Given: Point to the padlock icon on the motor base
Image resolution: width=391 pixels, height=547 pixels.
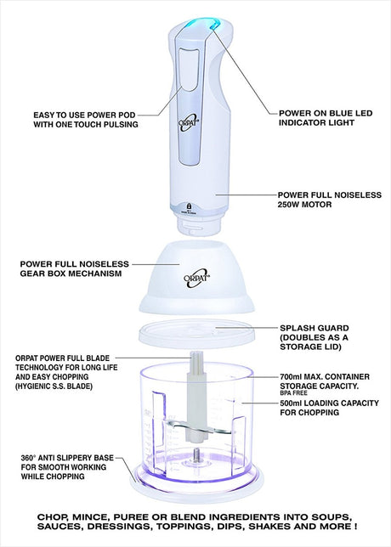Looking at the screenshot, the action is [x=189, y=206].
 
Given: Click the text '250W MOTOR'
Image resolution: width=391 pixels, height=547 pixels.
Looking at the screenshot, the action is [x=304, y=205].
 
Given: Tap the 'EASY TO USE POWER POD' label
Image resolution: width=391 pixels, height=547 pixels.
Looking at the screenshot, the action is [x=84, y=115].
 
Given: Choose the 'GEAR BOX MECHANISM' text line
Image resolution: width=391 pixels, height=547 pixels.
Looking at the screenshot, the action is [x=71, y=273].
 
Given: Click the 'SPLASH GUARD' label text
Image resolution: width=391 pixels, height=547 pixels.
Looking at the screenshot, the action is [x=314, y=328].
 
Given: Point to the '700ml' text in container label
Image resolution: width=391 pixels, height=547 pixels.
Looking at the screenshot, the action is [x=290, y=377].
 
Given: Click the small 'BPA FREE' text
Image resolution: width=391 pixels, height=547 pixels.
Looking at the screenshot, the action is [x=293, y=392].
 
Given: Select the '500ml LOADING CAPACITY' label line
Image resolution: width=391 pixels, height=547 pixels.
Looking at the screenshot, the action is [x=329, y=403].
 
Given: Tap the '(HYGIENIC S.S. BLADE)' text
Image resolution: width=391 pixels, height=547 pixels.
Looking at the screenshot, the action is [x=54, y=386].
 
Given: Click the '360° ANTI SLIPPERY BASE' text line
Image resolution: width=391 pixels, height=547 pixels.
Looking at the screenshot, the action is [x=67, y=458].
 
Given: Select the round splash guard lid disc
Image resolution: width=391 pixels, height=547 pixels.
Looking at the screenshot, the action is [x=195, y=333].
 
